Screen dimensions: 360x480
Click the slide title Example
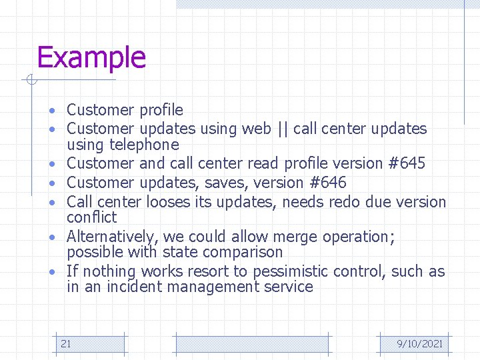pos(91,57)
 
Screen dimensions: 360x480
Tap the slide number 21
pos(66,343)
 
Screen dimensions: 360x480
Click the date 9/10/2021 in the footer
pos(419,343)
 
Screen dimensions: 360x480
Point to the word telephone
pos(144,145)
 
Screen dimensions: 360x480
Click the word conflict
pos(91,217)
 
